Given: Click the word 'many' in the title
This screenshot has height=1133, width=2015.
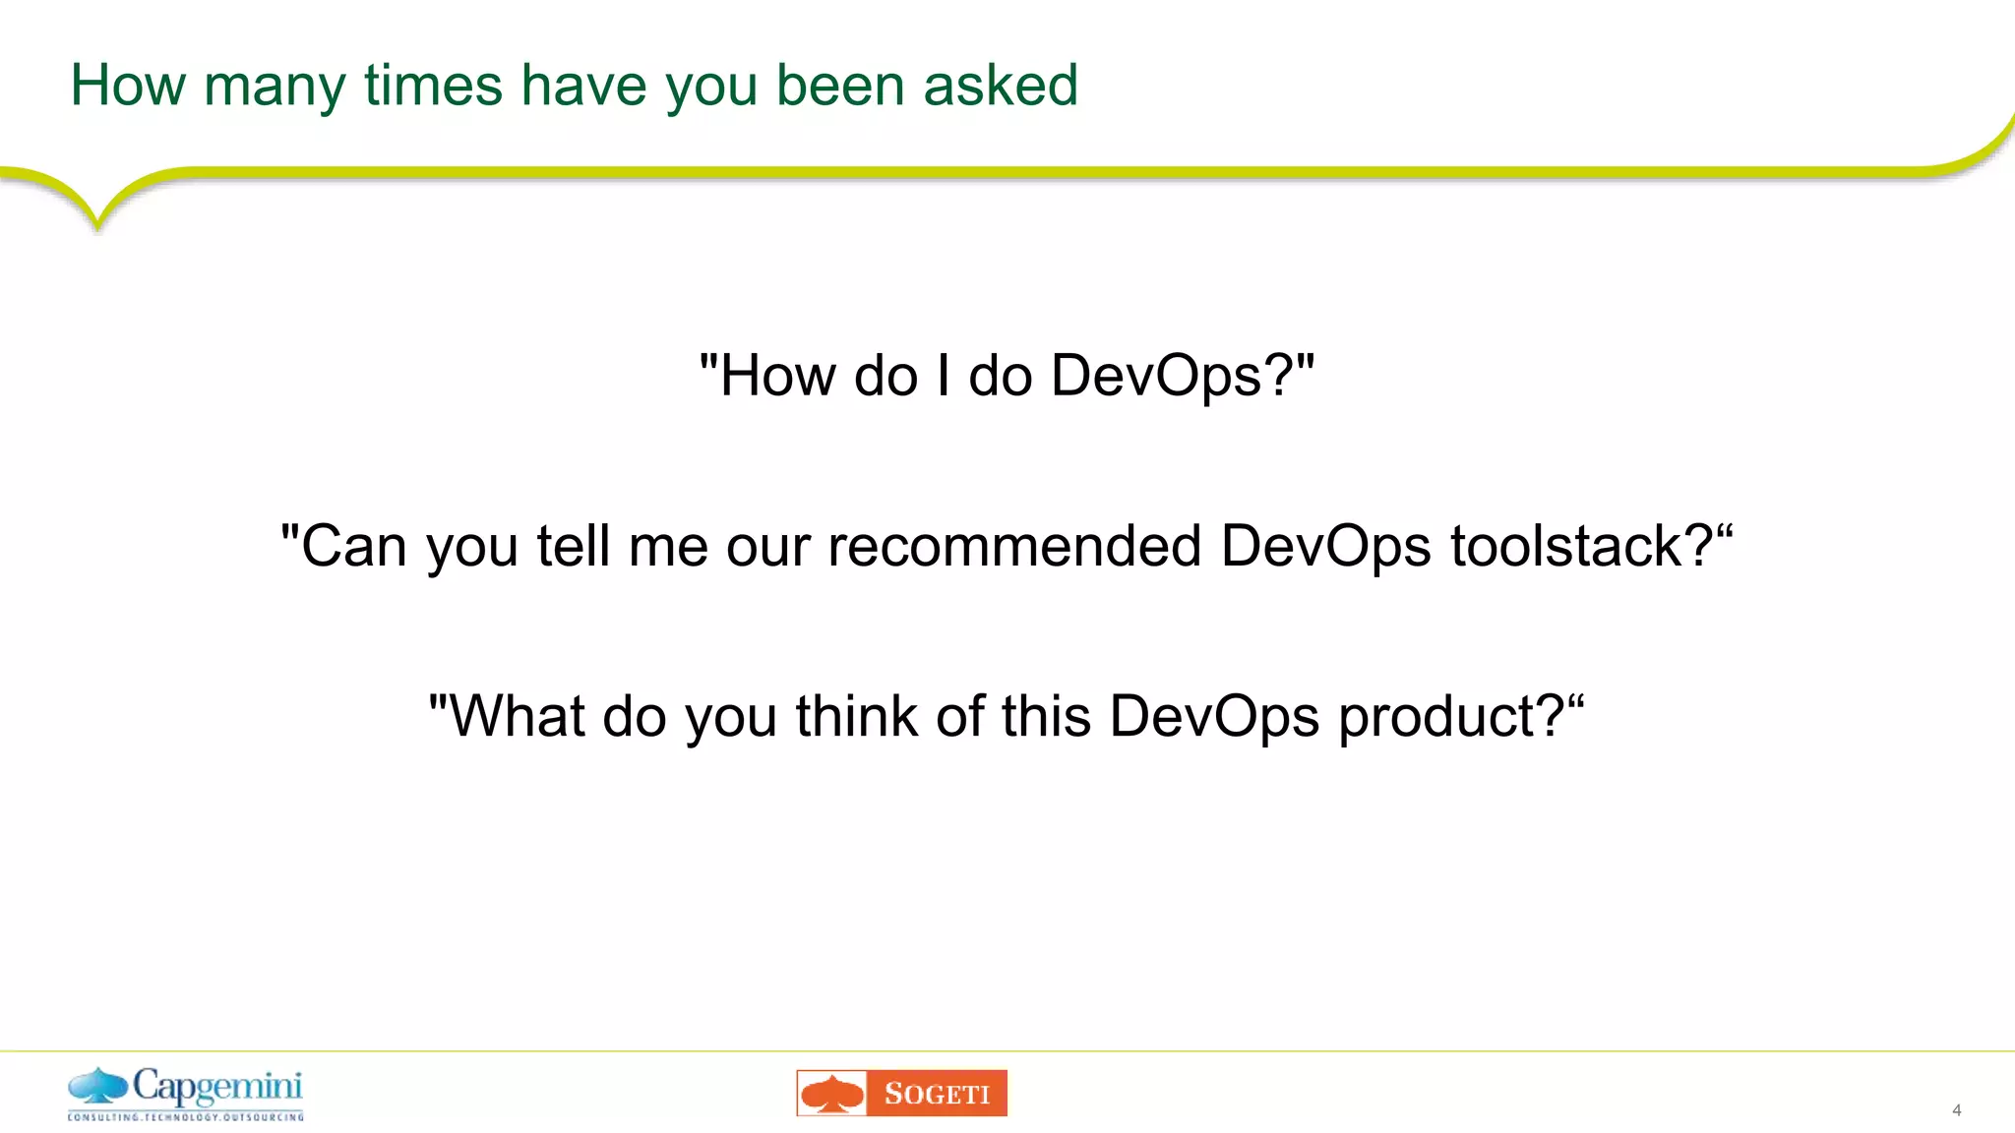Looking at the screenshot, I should (275, 87).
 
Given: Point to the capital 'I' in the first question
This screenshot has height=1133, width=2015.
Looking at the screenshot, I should (944, 376).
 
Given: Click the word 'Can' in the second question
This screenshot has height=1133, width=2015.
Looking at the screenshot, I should (353, 547).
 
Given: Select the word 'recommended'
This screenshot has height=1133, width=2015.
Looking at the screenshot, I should (1014, 547).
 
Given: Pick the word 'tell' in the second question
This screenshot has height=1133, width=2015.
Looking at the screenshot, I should (573, 547).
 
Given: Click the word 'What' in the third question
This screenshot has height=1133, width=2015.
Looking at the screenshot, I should (518, 716).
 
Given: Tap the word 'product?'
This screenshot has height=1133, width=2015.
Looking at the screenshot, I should (1451, 718).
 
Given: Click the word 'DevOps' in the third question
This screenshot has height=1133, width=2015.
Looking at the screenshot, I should (1214, 718).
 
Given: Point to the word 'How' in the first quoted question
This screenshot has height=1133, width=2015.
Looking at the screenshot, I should (778, 377).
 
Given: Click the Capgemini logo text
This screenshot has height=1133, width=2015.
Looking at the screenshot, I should (217, 1087).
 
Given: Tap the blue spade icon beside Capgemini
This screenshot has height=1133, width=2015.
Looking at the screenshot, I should (98, 1087).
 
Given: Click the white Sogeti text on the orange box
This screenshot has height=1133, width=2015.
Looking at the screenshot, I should (937, 1094).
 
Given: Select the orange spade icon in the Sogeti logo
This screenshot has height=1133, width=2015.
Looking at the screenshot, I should (832, 1094).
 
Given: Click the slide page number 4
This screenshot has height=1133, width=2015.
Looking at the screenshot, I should (1957, 1110).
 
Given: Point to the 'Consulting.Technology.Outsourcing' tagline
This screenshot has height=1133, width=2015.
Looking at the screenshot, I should (185, 1117).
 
